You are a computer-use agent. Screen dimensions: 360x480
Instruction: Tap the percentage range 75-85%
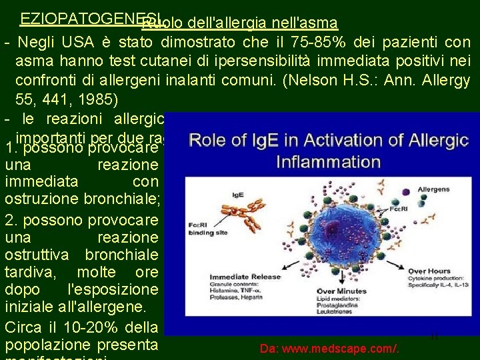(322, 43)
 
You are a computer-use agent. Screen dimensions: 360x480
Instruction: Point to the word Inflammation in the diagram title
(329, 162)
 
